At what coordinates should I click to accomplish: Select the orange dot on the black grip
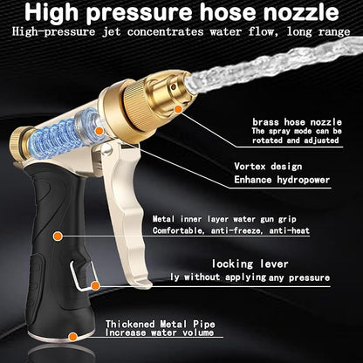tap(57, 236)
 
